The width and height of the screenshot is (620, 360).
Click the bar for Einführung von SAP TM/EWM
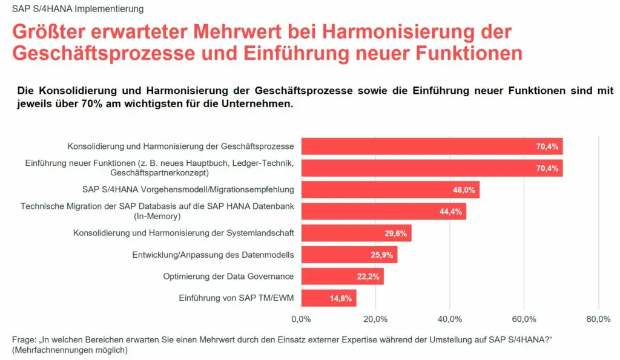(x=328, y=298)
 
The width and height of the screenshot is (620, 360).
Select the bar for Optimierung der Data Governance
(x=342, y=277)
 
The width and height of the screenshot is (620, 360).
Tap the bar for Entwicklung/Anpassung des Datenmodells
(x=349, y=255)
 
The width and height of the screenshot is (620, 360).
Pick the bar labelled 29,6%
(x=356, y=233)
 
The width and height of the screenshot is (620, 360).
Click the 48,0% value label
(x=464, y=190)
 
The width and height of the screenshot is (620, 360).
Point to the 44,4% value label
(x=451, y=212)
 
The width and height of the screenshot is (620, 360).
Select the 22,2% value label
(x=369, y=277)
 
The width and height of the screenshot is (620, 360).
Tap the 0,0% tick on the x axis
(x=301, y=319)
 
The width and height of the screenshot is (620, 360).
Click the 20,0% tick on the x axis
(x=375, y=319)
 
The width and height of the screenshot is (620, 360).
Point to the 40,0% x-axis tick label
(x=450, y=319)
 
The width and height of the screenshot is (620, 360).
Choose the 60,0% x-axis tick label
(x=524, y=319)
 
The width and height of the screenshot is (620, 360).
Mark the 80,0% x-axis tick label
(x=598, y=319)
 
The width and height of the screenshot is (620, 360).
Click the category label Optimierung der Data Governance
(x=228, y=277)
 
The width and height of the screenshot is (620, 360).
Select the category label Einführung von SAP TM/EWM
(x=236, y=298)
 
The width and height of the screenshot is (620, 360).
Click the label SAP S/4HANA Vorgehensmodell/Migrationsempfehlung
(x=188, y=189)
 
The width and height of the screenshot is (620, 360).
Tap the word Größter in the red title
(x=51, y=32)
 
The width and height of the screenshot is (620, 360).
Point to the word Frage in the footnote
(x=24, y=339)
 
